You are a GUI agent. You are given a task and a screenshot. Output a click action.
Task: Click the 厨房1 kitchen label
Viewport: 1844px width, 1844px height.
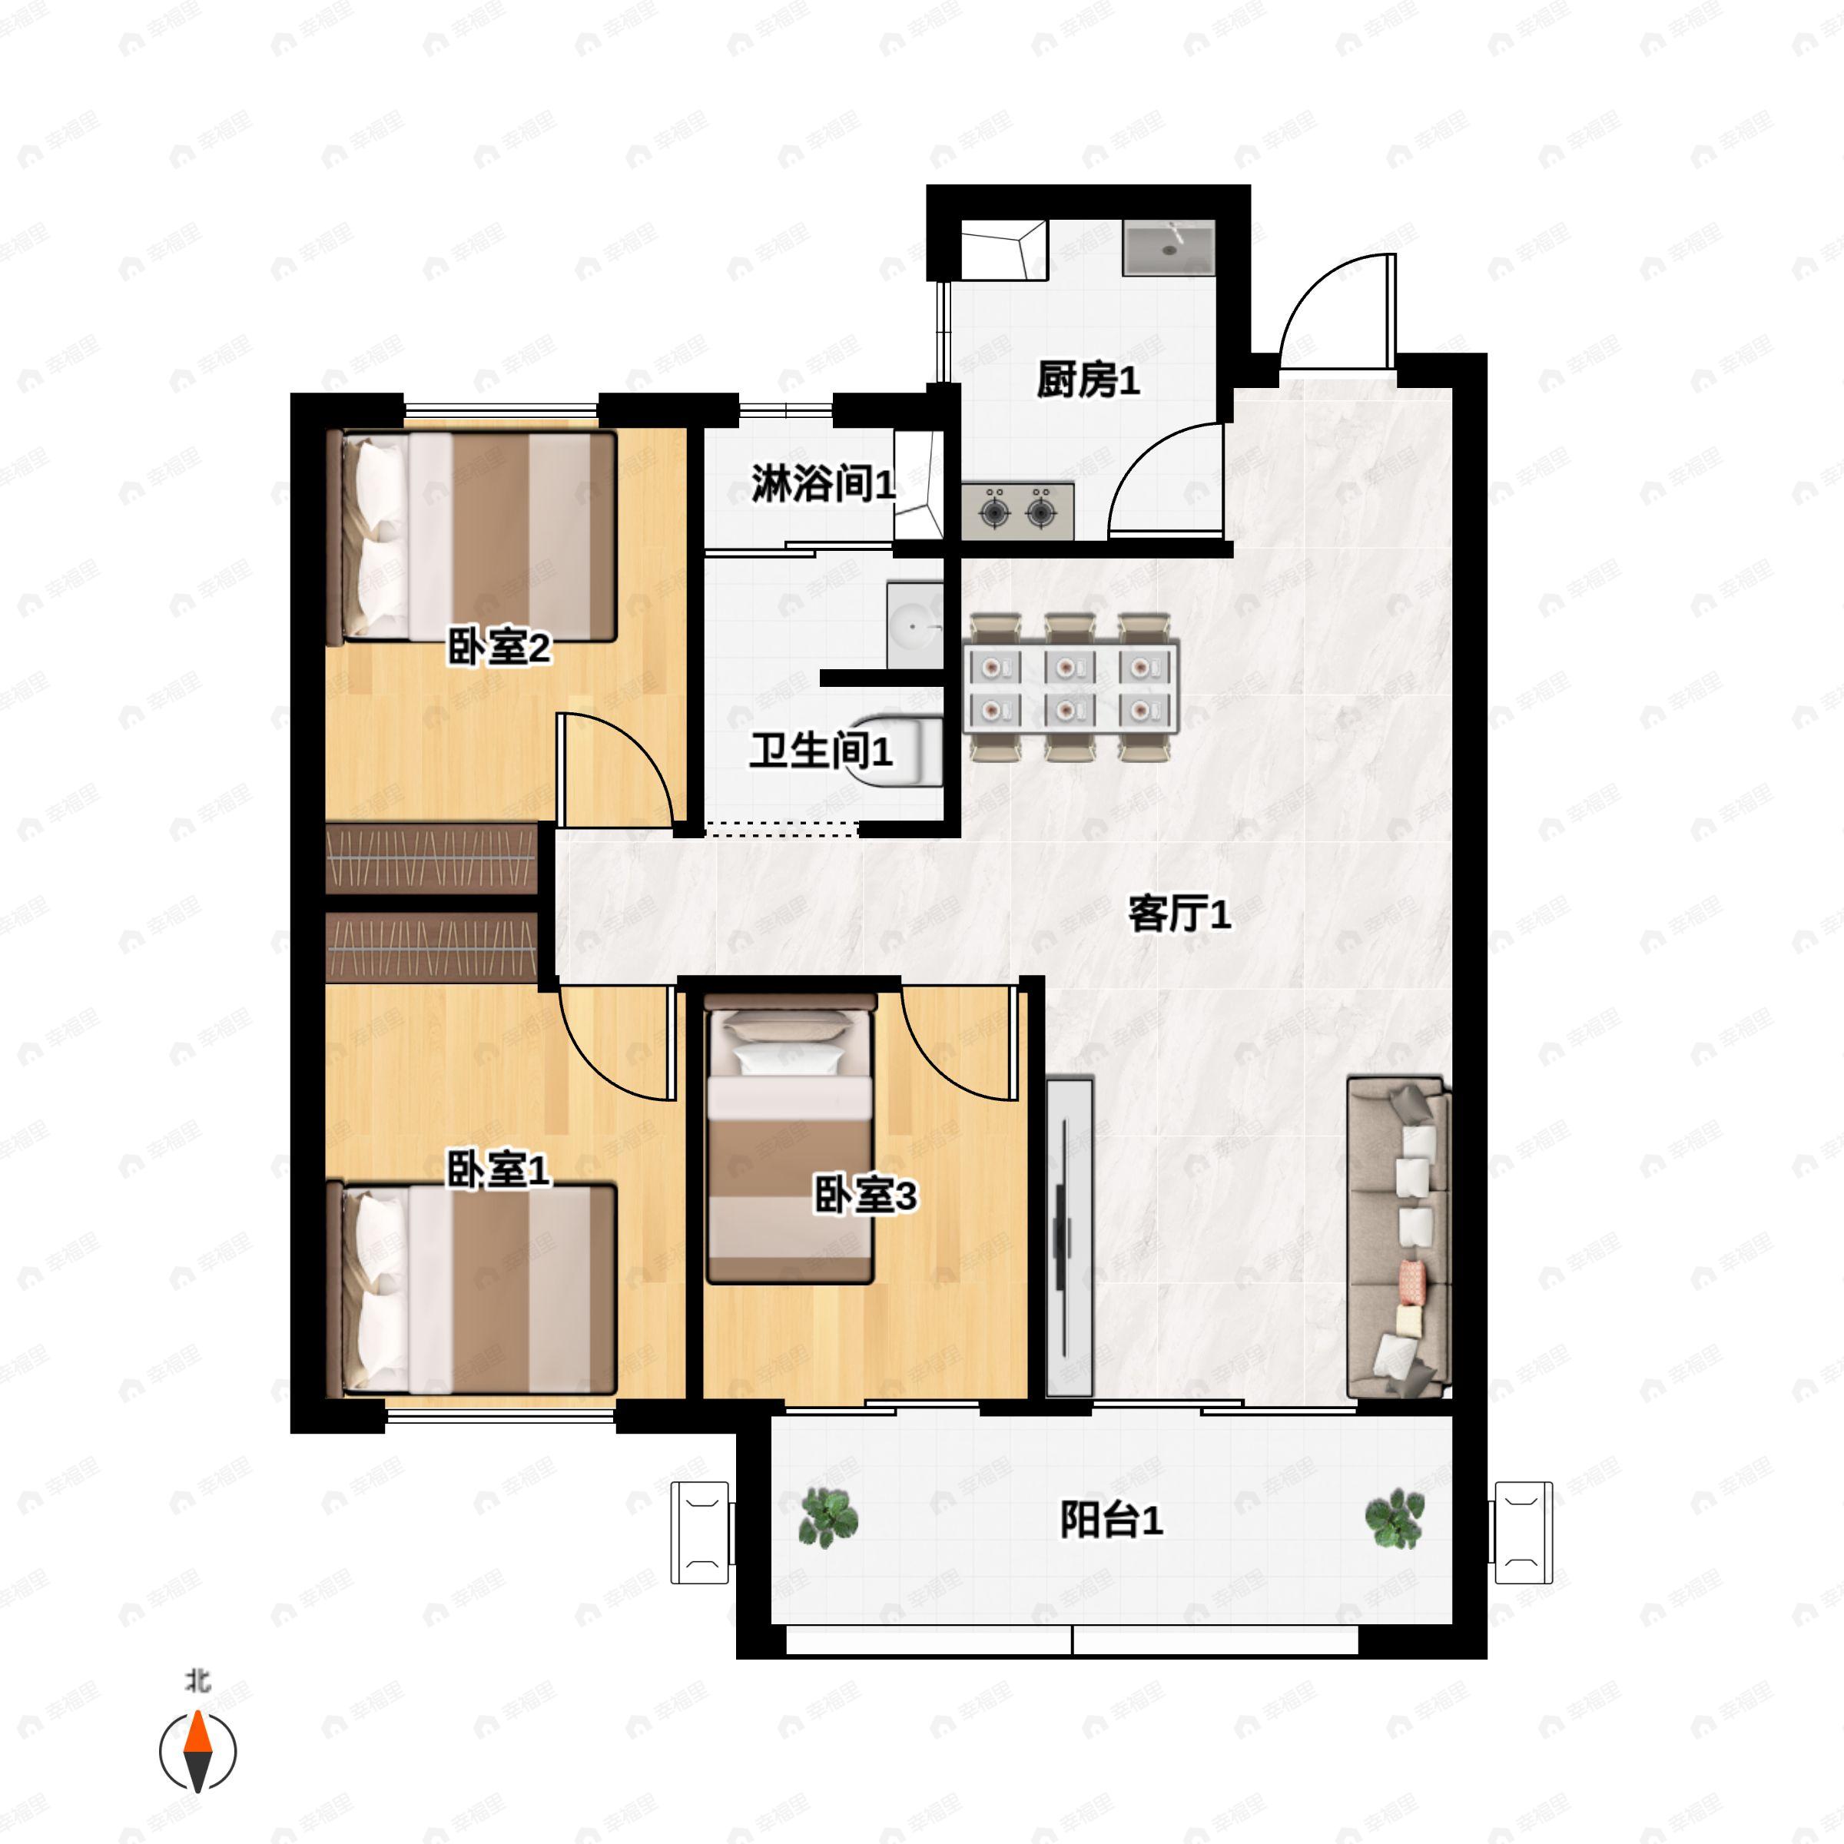pos(1087,380)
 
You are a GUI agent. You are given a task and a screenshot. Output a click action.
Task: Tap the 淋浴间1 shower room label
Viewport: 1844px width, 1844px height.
pos(823,484)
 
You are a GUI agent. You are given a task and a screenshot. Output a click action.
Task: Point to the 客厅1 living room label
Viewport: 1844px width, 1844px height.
pos(1179,914)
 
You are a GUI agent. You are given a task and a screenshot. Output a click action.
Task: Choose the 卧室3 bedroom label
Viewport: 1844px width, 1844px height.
pos(864,1194)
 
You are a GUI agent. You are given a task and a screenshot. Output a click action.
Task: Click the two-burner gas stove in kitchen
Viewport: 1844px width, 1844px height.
pos(1017,512)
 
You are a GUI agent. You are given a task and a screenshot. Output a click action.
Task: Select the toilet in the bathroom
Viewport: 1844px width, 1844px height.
pos(902,749)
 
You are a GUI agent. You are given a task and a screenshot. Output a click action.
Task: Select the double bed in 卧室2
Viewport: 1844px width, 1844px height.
pos(473,536)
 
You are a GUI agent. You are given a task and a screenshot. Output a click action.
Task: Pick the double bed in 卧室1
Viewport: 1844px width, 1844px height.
pos(473,1291)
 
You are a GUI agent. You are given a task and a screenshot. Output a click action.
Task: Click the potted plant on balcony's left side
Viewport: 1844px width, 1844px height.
pos(827,1517)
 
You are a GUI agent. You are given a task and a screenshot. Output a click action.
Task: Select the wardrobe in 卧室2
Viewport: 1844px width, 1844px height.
pos(431,857)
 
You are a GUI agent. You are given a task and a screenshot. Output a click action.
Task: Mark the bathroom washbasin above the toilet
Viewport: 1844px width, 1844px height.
pos(914,626)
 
